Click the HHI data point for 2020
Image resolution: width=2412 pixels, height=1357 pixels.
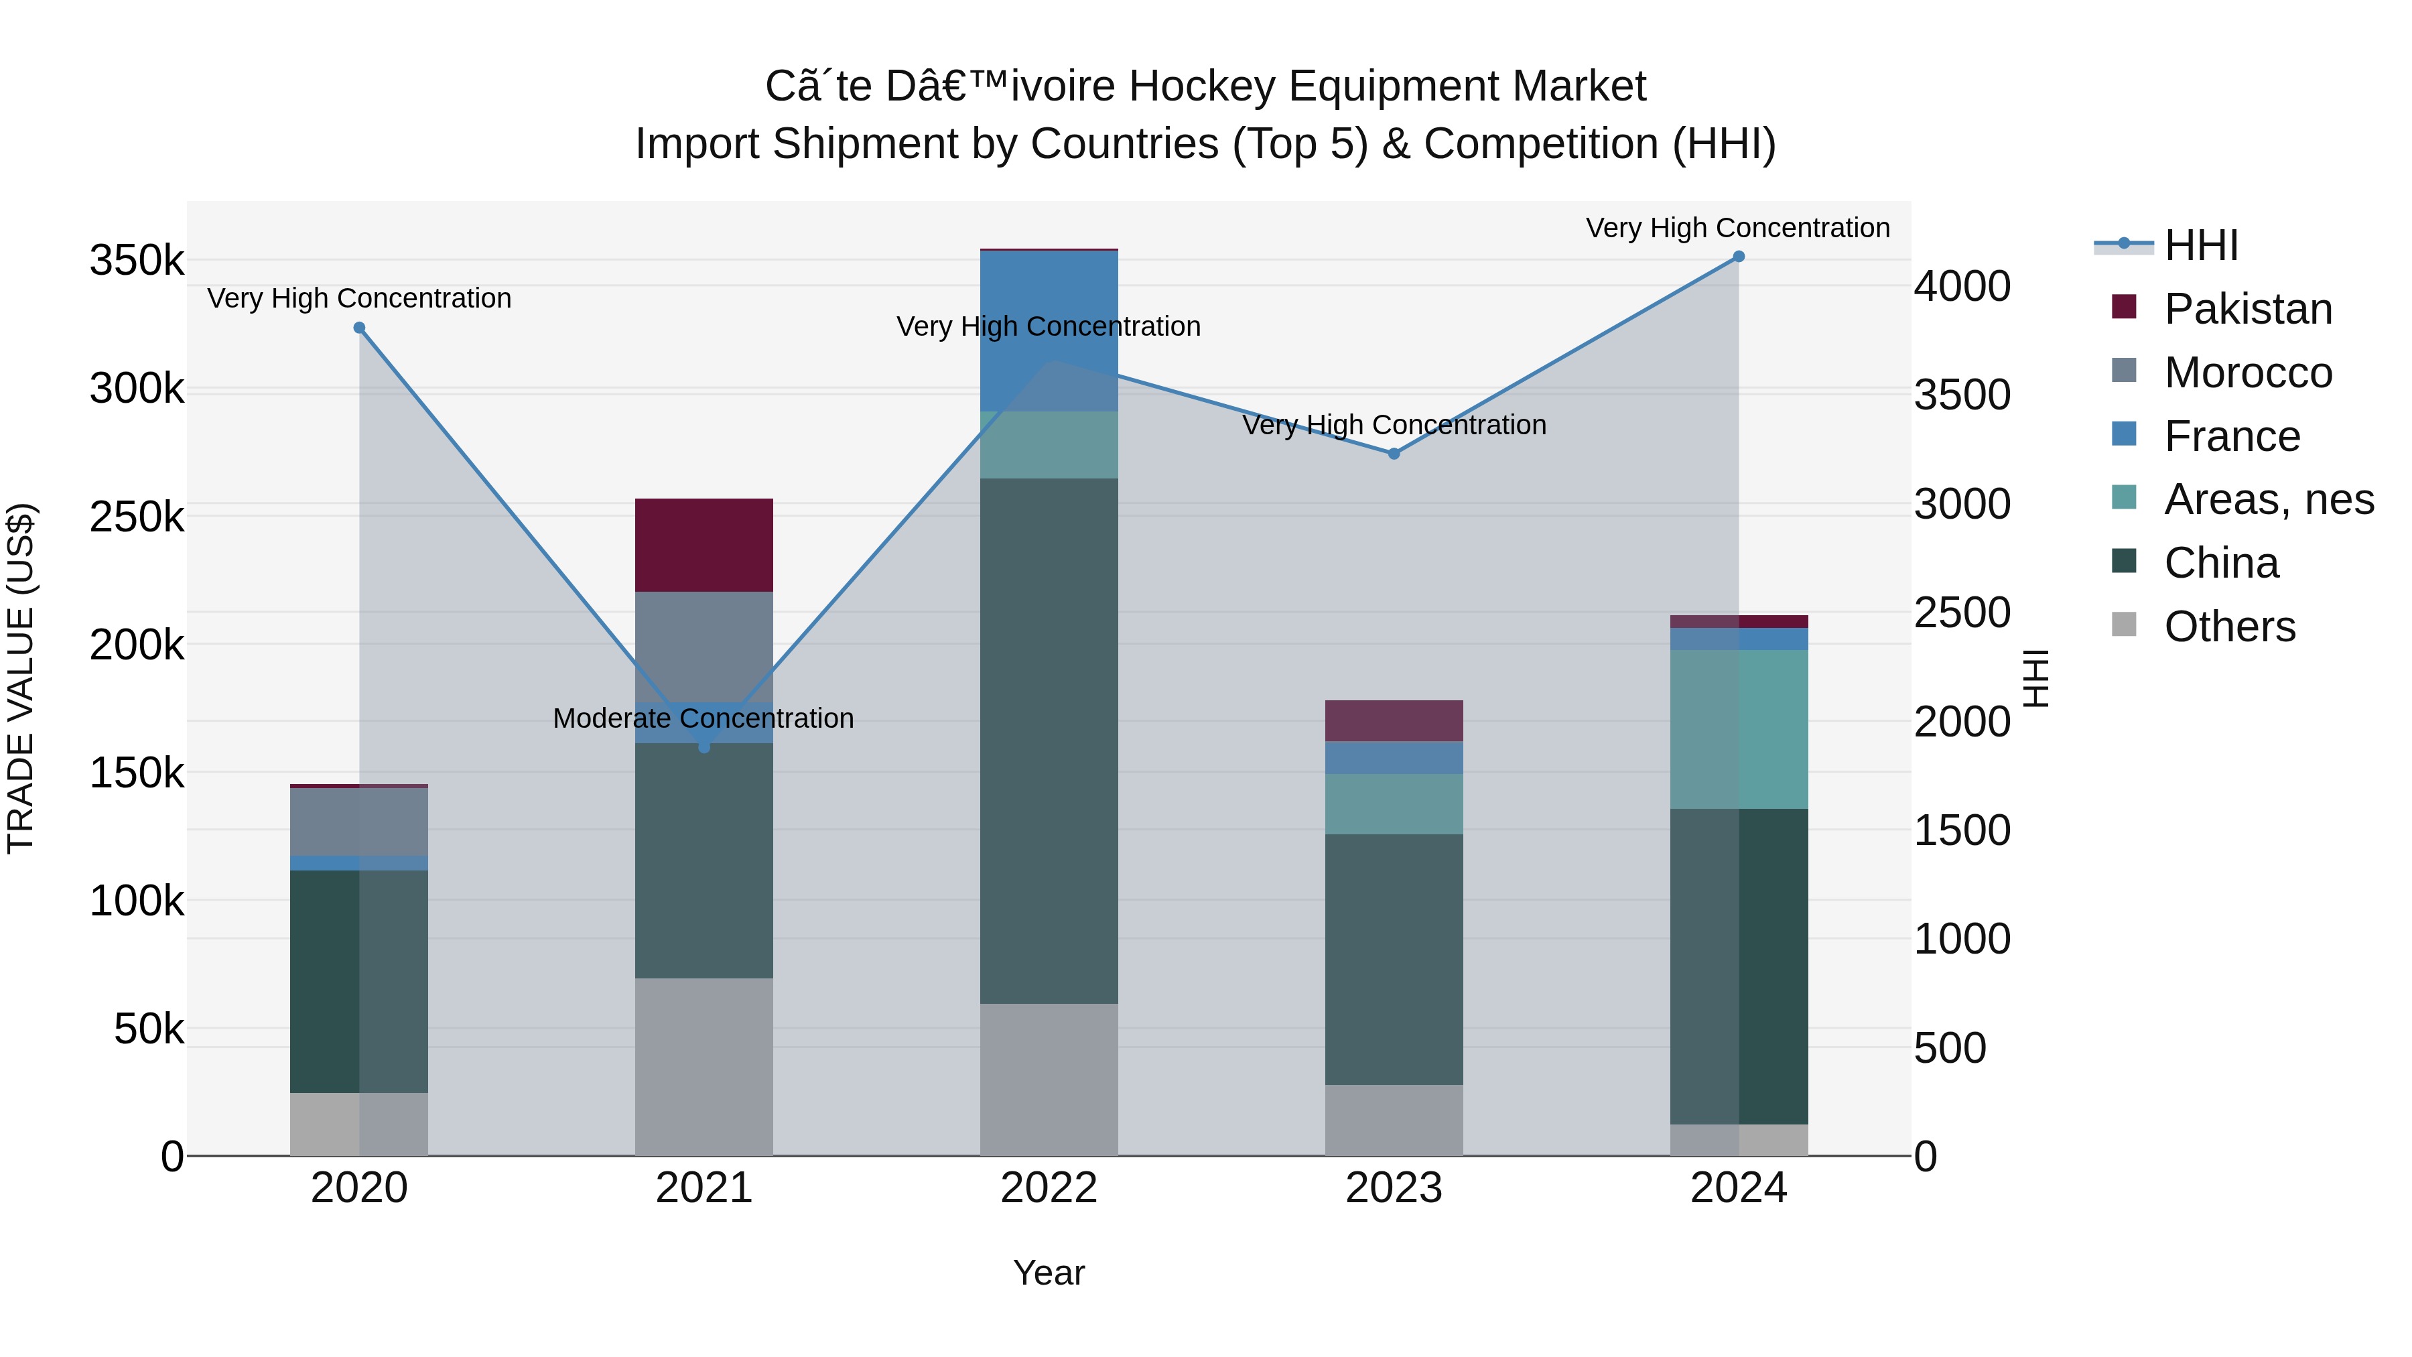[360, 328]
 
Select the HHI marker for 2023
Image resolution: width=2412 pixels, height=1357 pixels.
[1394, 453]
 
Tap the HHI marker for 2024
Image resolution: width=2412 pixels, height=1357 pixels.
[1739, 257]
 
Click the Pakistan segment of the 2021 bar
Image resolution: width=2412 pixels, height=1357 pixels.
[704, 545]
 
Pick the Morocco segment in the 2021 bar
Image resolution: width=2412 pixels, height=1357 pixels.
[704, 646]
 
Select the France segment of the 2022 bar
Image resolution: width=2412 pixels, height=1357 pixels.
[1049, 330]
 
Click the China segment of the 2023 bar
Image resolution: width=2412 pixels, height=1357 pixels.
[1394, 959]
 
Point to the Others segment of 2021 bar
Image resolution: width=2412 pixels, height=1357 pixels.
[704, 1067]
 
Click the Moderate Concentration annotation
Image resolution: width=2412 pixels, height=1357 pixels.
[703, 718]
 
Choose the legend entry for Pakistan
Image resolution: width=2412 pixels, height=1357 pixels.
[2247, 309]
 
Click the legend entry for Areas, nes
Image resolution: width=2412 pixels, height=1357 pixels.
[2268, 499]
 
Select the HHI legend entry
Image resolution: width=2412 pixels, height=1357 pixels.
[2200, 245]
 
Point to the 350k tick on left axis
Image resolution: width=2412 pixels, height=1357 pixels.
[137, 261]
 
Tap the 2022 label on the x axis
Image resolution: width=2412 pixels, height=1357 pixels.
[1049, 1188]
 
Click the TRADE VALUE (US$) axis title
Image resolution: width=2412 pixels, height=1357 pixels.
[21, 678]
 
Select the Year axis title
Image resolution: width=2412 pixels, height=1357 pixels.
[1049, 1273]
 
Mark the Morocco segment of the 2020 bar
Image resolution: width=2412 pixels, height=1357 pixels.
[360, 822]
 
